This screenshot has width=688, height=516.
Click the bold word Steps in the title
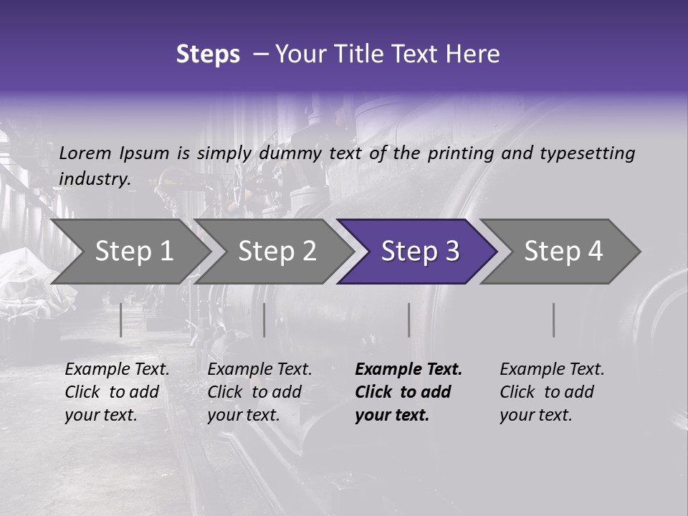click(208, 54)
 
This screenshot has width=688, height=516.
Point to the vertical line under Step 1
click(121, 320)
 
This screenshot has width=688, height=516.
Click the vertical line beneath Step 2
click(264, 320)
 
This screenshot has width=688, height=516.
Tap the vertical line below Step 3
click(408, 320)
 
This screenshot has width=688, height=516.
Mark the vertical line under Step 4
click(553, 320)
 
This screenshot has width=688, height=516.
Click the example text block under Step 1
click(117, 392)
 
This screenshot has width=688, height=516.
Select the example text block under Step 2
click(259, 392)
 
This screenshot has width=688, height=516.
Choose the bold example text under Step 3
click(408, 392)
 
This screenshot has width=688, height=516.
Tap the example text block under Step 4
click(552, 392)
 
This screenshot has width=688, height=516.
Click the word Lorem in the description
click(85, 153)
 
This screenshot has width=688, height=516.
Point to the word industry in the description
click(94, 178)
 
